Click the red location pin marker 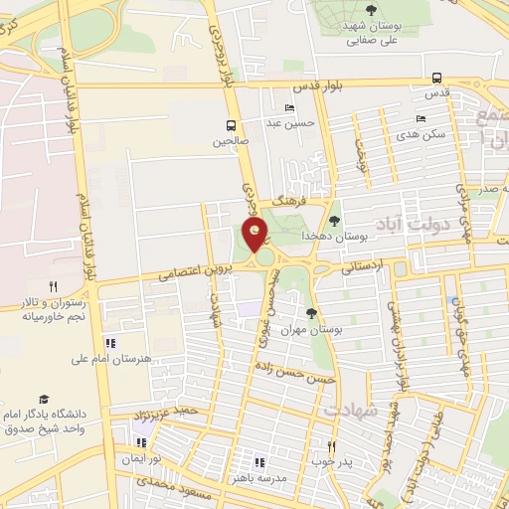[x=256, y=236]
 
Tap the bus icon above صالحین [x=231, y=126]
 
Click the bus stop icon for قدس [x=437, y=79]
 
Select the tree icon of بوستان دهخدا [x=334, y=222]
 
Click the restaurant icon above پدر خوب [x=332, y=447]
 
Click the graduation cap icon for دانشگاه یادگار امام [x=44, y=396]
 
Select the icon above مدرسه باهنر [x=258, y=462]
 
